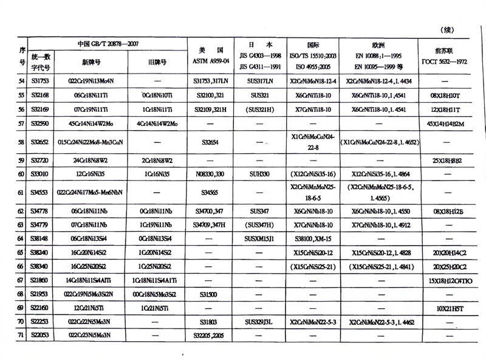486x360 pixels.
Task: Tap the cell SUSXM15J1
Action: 259,238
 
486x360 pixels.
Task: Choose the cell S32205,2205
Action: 208,335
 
